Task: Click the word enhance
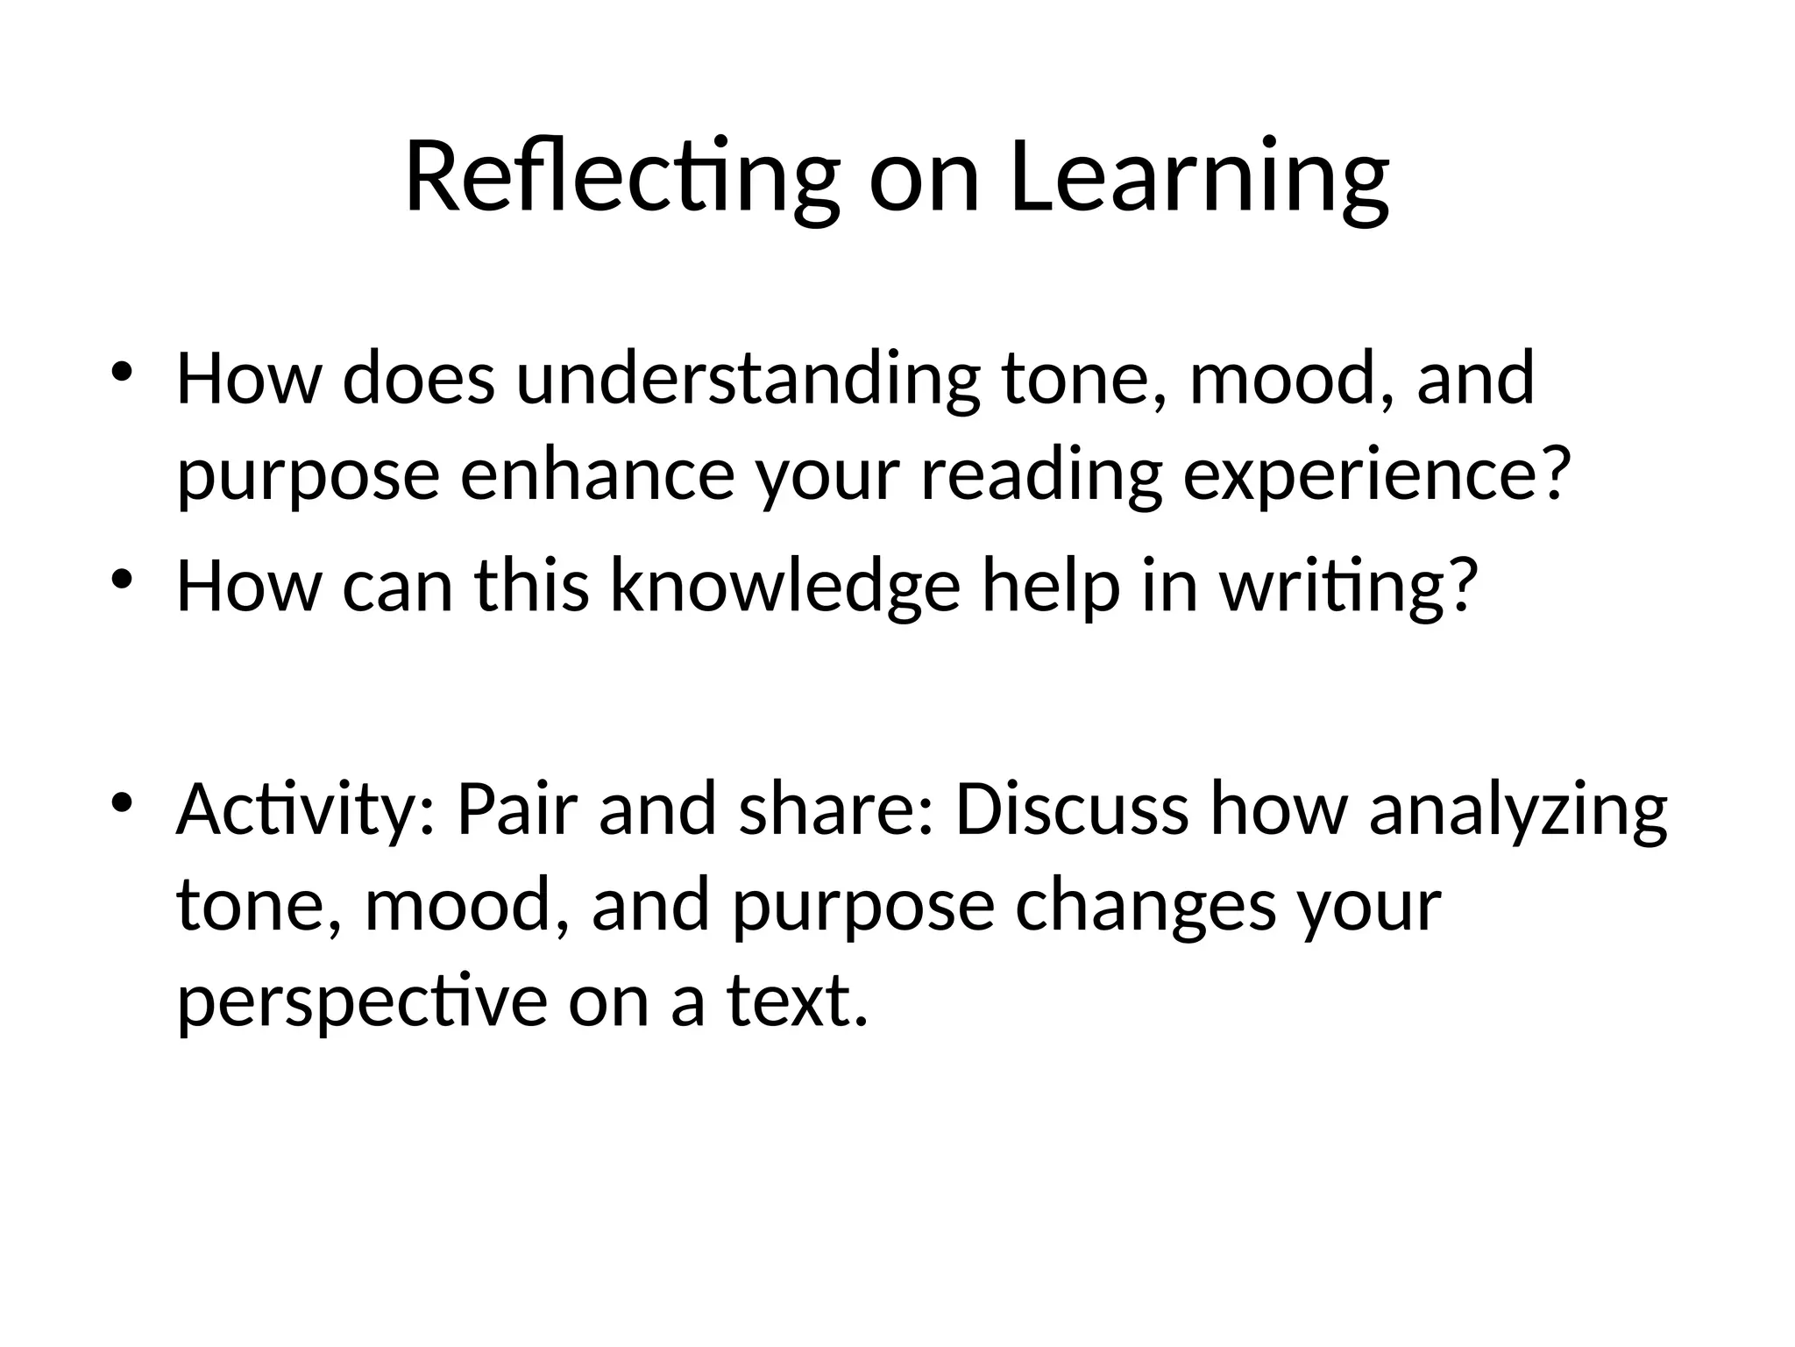[597, 474]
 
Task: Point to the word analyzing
[1517, 810]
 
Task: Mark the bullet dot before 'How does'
[122, 369]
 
